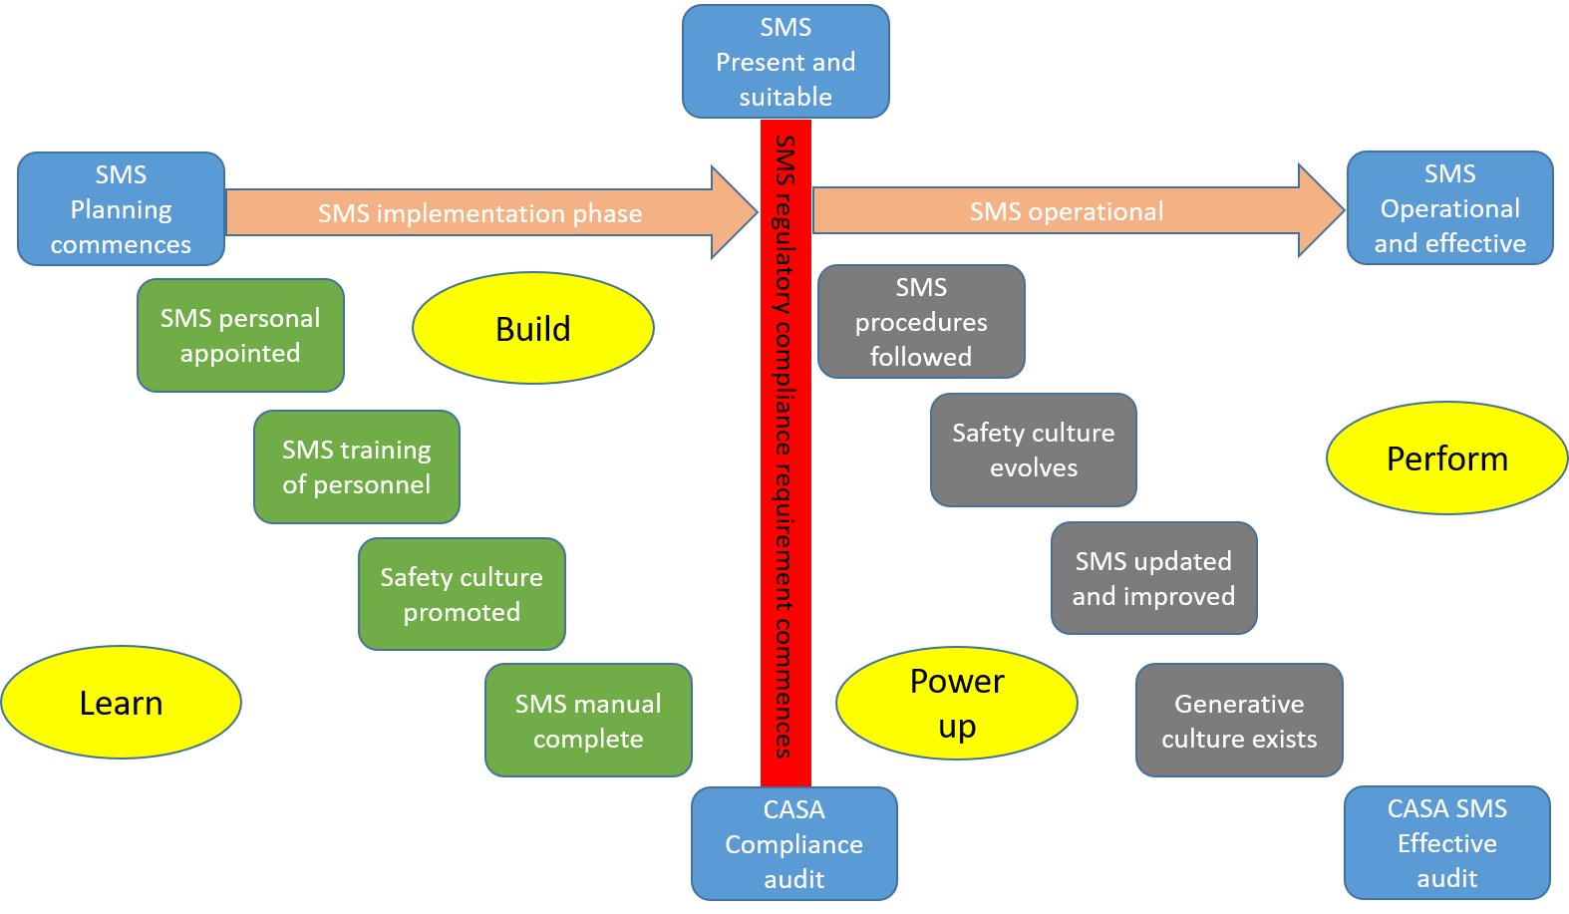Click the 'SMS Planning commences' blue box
[121, 209]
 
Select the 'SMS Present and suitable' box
[785, 62]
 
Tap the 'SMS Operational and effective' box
[1449, 208]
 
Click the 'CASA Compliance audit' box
[793, 844]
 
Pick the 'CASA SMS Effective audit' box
[1446, 843]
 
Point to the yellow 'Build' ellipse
[533, 329]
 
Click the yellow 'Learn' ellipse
[121, 703]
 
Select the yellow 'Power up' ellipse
[956, 704]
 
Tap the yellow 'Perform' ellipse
[1446, 458]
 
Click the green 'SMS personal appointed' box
[240, 336]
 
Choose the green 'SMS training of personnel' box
[356, 467]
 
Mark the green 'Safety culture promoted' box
[462, 595]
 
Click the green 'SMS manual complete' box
[588, 721]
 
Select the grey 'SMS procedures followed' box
[921, 322]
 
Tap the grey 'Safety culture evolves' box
[1033, 451]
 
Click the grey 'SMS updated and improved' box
[1153, 579]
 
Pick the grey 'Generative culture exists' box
[1239, 721]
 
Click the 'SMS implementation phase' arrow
[479, 213]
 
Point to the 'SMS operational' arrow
[1067, 211]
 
